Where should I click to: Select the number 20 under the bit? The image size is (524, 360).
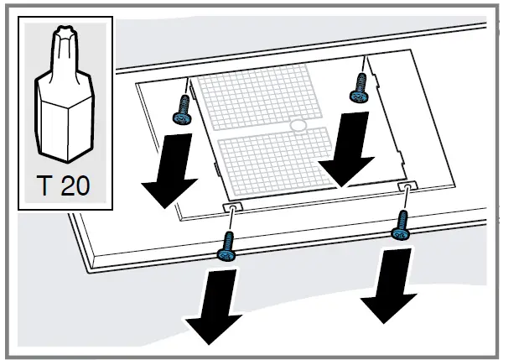(x=76, y=185)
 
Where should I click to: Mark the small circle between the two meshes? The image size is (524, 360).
(x=298, y=126)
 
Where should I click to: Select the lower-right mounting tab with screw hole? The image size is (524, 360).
(x=406, y=184)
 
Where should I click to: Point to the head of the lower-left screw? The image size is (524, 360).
(x=225, y=253)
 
